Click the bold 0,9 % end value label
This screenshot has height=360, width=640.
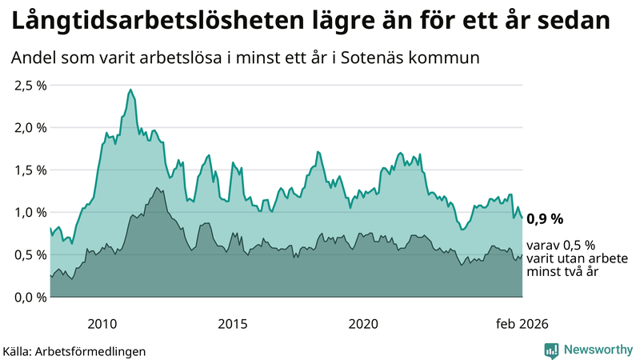pyautogui.click(x=545, y=218)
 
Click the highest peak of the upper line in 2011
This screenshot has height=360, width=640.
pyautogui.click(x=130, y=90)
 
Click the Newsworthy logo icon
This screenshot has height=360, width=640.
pyautogui.click(x=551, y=350)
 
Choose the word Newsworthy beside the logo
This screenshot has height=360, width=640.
pyautogui.click(x=598, y=350)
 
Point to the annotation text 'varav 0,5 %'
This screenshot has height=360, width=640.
pyautogui.click(x=560, y=246)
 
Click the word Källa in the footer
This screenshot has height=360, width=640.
pyautogui.click(x=18, y=350)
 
